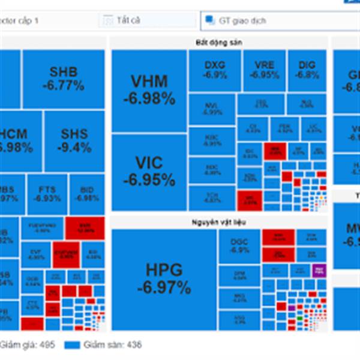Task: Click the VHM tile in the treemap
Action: coord(149,91)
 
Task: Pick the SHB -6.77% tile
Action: coord(63,79)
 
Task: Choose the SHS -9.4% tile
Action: coord(74,141)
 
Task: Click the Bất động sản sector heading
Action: coord(218,42)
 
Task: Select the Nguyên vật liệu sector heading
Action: coord(218,222)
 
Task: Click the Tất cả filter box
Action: coord(147,20)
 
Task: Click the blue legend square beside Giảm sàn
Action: coord(72,345)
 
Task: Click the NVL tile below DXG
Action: coord(212,109)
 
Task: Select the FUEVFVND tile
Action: coord(42,227)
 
